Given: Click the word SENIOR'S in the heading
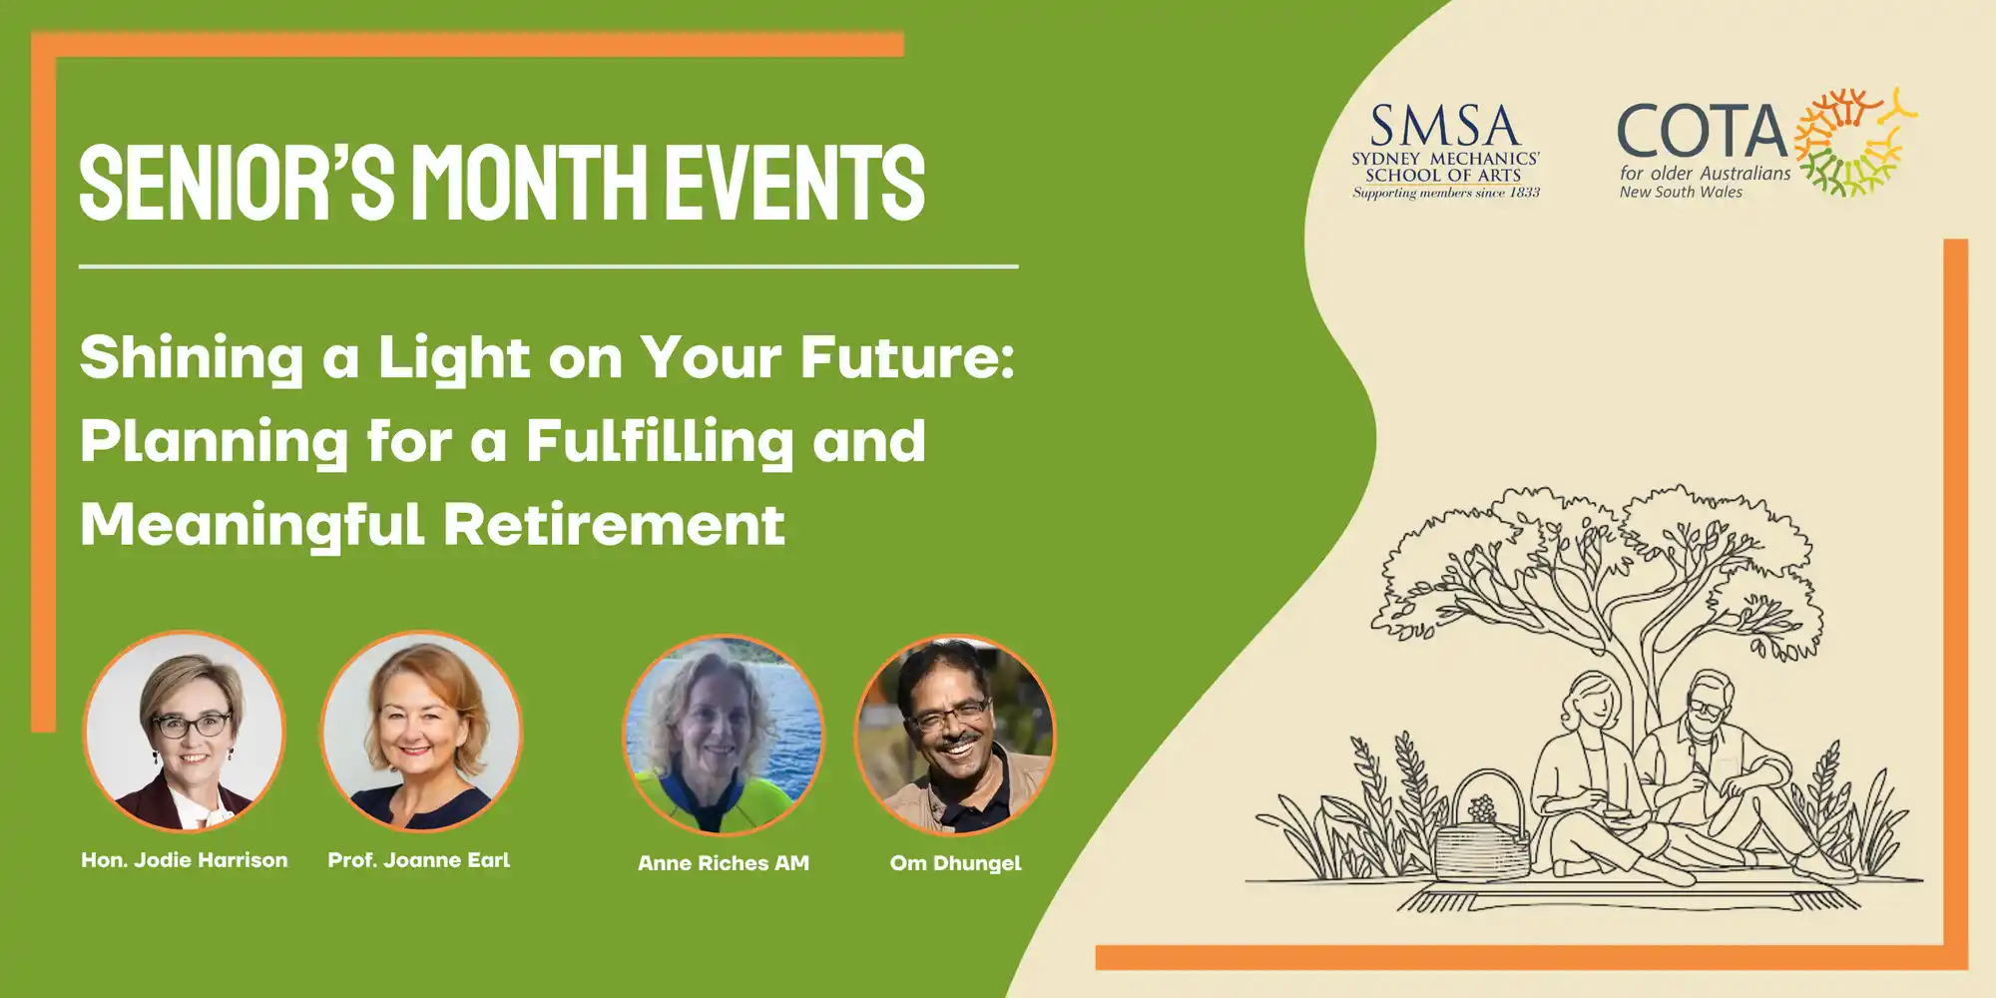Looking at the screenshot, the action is [238, 182].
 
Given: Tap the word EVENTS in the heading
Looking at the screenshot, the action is [795, 182].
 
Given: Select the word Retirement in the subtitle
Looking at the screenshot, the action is [614, 525].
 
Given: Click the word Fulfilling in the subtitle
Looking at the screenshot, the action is [659, 442].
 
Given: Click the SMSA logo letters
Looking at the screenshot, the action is [1444, 126].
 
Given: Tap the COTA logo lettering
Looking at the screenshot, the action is [1703, 132].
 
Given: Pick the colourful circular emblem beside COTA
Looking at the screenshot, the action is [1855, 142].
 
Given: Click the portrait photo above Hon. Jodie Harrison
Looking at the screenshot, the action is [184, 731].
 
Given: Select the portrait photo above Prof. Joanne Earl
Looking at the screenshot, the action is [421, 731].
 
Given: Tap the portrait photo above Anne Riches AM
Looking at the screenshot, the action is [724, 736].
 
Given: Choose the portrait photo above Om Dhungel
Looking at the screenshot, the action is [955, 736].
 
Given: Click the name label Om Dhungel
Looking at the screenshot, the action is [955, 863].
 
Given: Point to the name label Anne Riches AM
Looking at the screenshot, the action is [724, 863].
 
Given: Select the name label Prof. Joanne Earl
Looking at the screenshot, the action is [419, 860].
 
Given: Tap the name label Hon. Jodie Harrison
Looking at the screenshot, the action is [185, 860].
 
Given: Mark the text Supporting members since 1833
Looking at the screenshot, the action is [1446, 193].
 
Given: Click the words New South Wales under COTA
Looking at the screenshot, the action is [1681, 193].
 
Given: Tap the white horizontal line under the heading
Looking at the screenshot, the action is [548, 266].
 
